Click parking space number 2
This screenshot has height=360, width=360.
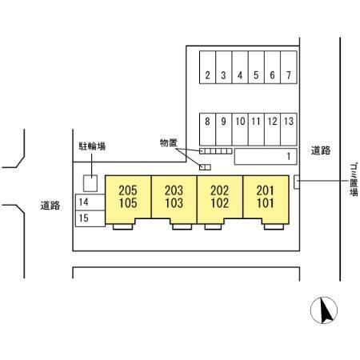click(207, 67)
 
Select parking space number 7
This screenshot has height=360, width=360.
click(289, 67)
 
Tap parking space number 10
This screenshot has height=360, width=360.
click(240, 130)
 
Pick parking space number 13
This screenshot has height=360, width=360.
click(289, 130)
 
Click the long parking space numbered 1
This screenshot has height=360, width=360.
click(266, 156)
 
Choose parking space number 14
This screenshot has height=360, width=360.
click(90, 202)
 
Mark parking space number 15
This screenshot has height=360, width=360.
click(90, 218)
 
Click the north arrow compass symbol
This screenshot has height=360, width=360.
click(324, 310)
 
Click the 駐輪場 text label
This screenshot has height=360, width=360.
click(92, 146)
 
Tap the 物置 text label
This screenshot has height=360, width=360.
click(169, 143)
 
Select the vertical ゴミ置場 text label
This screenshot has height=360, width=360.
click(354, 180)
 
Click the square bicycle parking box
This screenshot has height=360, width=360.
click(90, 183)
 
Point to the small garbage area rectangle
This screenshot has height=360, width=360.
click(297, 182)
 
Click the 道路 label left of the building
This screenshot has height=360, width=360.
click(50, 206)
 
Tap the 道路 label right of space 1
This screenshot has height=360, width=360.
click(321, 150)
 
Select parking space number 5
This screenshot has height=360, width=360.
click(256, 67)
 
